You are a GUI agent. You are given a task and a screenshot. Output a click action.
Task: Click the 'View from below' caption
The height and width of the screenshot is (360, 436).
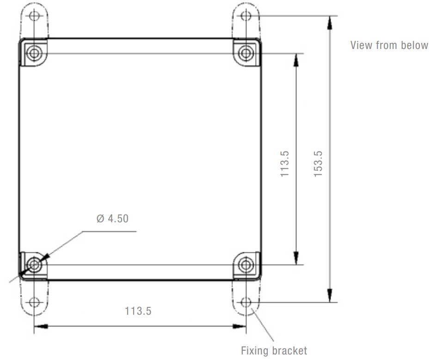pos(390,45)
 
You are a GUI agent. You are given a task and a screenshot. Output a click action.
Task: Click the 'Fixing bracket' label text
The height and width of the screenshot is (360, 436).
pos(274,351)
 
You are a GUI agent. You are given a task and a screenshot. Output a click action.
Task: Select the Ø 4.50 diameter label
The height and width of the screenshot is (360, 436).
pos(112,219)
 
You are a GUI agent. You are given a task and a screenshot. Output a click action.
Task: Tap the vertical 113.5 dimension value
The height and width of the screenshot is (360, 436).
pos(285,164)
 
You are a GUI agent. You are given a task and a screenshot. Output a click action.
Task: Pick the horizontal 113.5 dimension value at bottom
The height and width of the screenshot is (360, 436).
pos(138,311)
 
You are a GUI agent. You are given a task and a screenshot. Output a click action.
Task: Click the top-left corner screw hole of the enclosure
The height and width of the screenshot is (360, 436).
pos(34,53)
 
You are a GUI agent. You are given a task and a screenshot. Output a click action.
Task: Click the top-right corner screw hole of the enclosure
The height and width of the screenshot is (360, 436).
pos(246,53)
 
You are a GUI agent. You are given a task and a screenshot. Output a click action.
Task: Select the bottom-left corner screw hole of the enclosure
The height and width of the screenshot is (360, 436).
pos(34,265)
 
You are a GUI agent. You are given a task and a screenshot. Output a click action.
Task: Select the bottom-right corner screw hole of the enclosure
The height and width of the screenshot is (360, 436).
pos(246,265)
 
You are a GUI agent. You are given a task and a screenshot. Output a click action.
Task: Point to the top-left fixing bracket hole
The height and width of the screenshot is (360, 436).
pos(34,16)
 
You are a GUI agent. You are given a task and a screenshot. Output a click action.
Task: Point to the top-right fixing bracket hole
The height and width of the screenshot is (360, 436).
pos(246,16)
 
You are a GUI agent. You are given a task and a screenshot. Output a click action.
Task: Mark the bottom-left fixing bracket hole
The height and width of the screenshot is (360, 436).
pos(34,303)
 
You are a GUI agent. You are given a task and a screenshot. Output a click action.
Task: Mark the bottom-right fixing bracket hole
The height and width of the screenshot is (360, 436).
pos(246,303)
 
